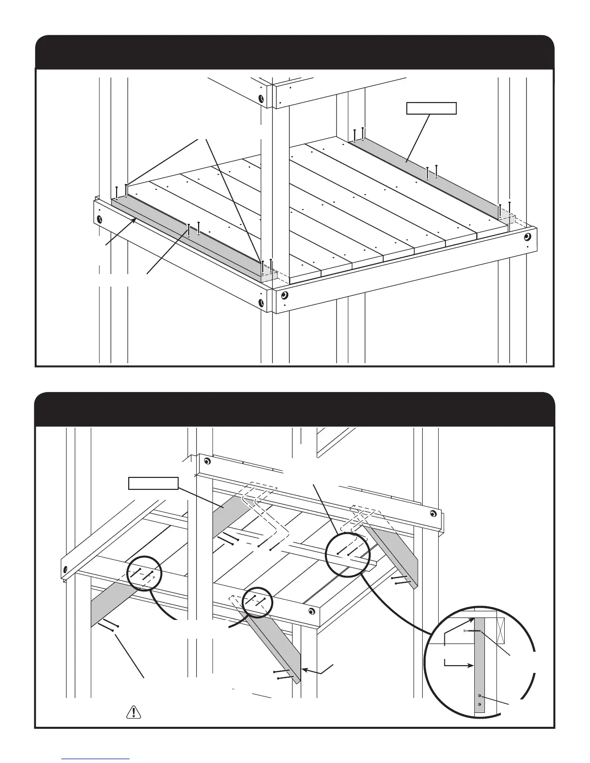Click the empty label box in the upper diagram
click(431, 108)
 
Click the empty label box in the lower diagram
click(153, 483)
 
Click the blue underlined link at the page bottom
click(96, 758)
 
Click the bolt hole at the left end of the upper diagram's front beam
click(99, 220)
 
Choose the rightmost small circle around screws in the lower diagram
click(347, 555)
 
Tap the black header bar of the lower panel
click(294, 409)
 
